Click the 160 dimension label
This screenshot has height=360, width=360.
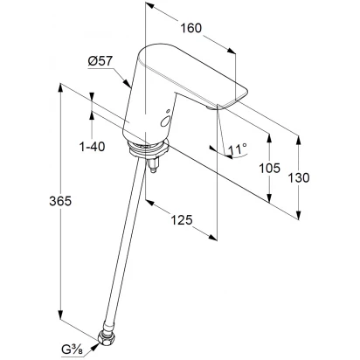[x=191, y=28]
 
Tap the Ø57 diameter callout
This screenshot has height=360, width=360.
[x=100, y=61]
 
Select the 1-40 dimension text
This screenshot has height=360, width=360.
[x=93, y=147]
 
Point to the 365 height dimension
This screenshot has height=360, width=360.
[x=60, y=201]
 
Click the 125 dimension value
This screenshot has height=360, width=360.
[x=182, y=220]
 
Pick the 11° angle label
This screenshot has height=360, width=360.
[x=238, y=149]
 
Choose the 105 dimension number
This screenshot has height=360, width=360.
[x=270, y=168]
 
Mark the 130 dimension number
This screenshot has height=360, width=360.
[x=299, y=177]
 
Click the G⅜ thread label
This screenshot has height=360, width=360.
[x=72, y=350]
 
